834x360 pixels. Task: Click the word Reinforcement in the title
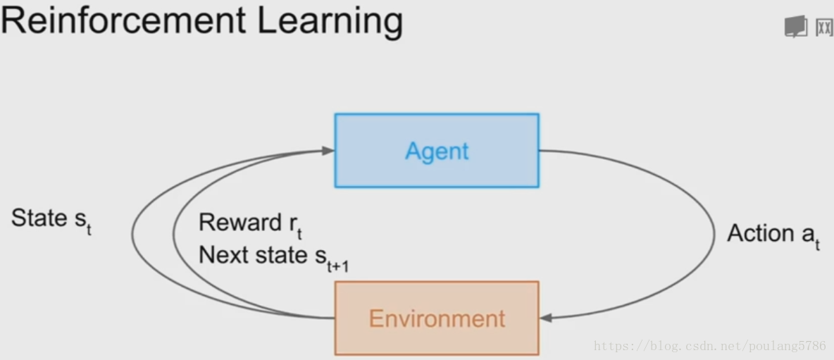pyautogui.click(x=123, y=21)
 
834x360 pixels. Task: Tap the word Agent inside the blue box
pyautogui.click(x=437, y=151)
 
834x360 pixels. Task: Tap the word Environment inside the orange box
pyautogui.click(x=437, y=318)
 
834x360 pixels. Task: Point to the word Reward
pyautogui.click(x=240, y=222)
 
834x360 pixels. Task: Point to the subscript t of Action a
pyautogui.click(x=818, y=245)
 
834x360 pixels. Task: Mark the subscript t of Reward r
pyautogui.click(x=299, y=234)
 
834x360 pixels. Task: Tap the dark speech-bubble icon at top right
pyautogui.click(x=795, y=27)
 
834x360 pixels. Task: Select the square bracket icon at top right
pyautogui.click(x=824, y=27)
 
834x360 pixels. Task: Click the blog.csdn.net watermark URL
pyautogui.click(x=710, y=346)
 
